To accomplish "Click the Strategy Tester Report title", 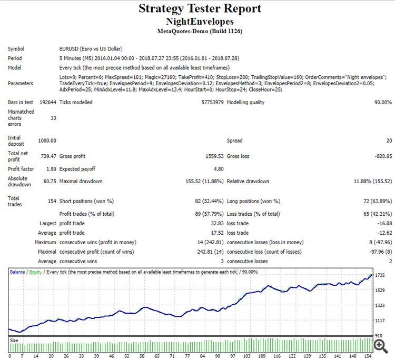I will click(200, 9).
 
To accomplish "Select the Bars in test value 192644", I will click(47, 102).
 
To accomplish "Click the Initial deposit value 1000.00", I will click(47, 141).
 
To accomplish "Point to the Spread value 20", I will click(389, 141).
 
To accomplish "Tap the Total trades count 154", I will click(52, 201).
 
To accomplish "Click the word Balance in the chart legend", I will click(18, 272).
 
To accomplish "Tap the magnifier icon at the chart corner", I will click(379, 344).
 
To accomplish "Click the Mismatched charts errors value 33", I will click(53, 118).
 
